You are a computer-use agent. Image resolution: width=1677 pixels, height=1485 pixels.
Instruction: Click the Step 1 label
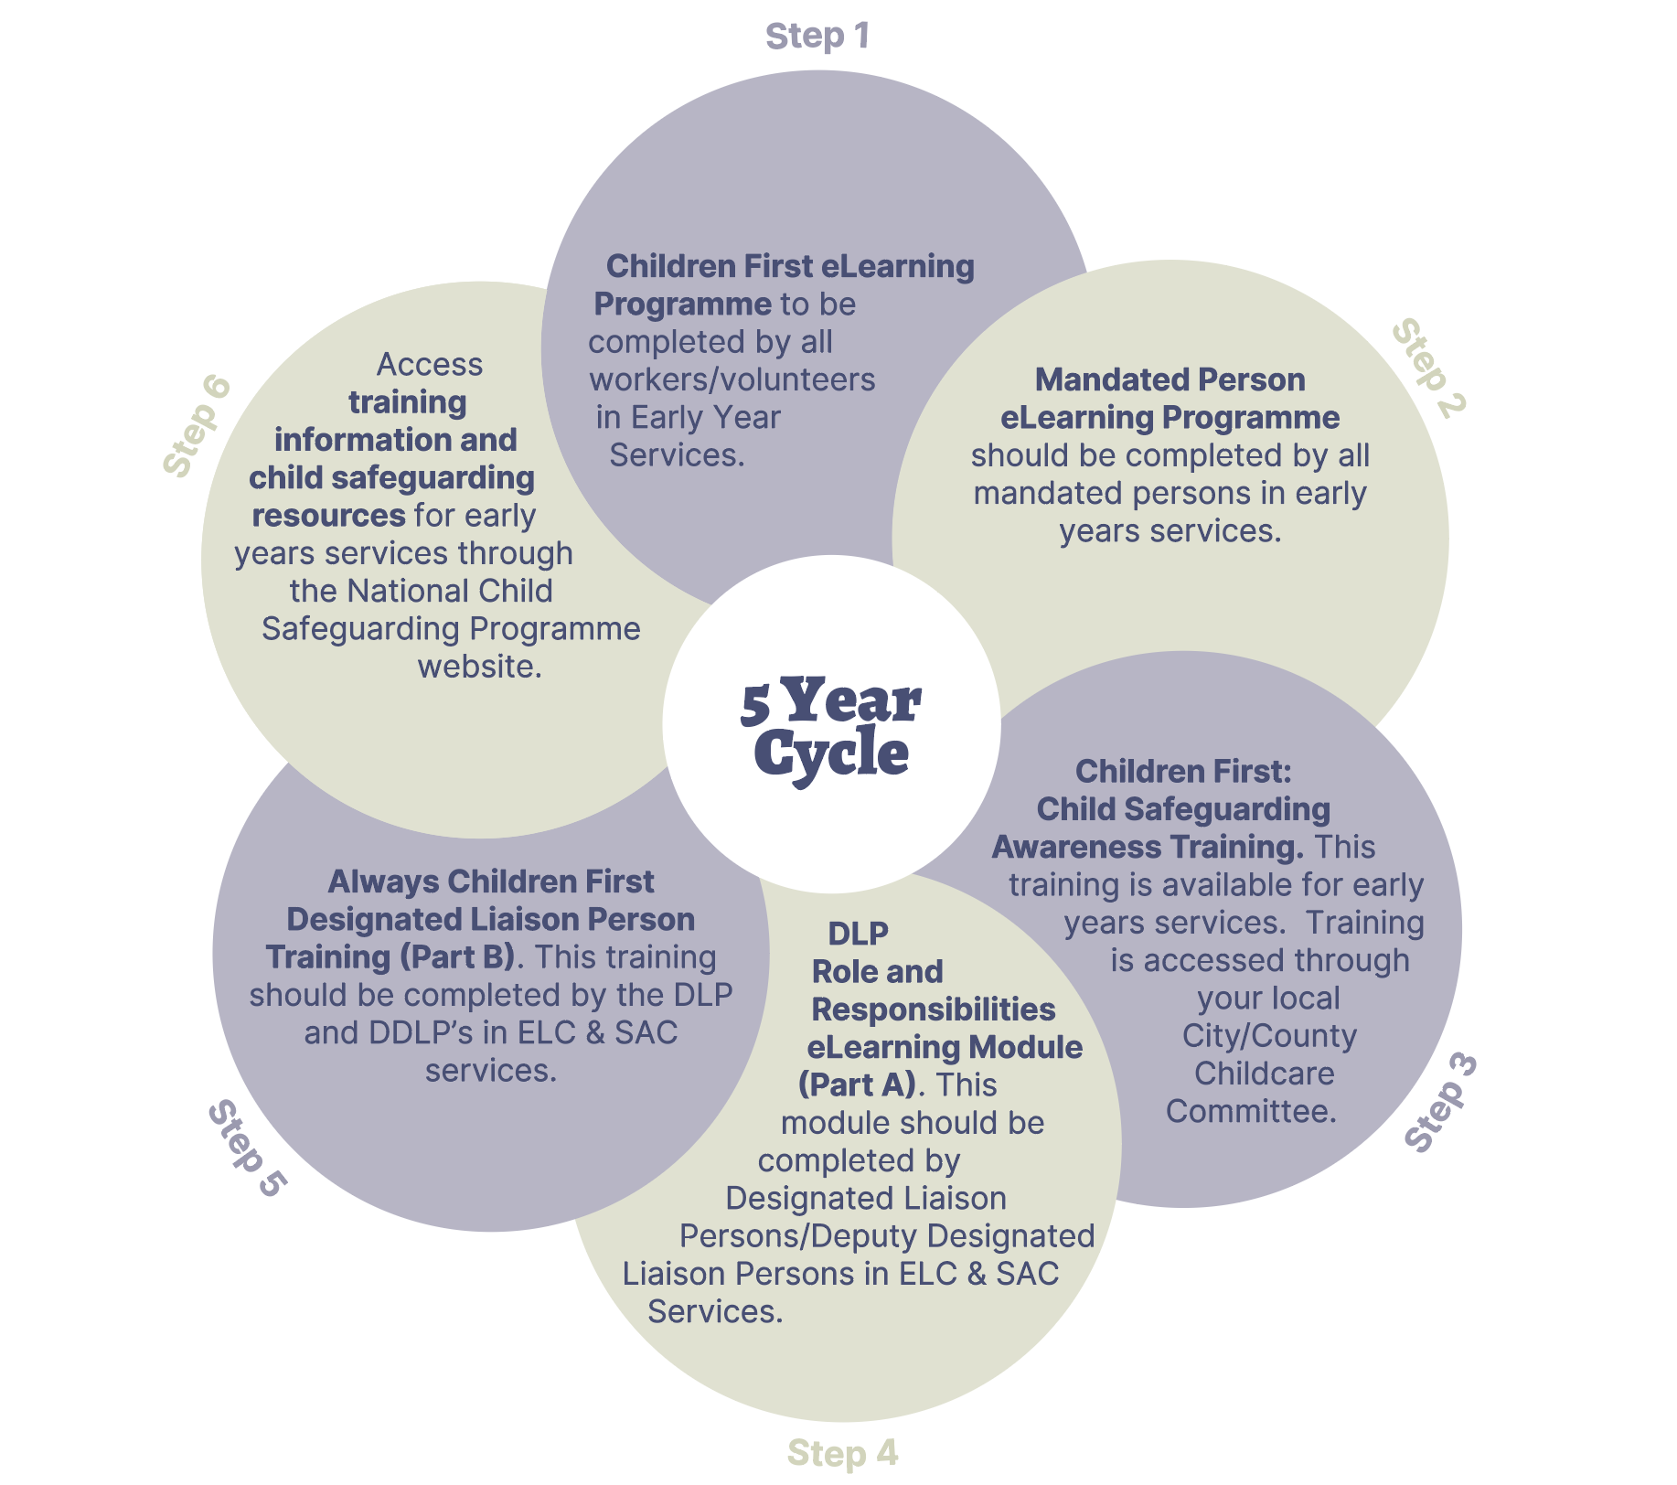[817, 37]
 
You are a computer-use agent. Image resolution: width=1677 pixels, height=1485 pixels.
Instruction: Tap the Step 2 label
[1428, 369]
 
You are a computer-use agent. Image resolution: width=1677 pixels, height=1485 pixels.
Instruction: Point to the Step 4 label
[842, 1453]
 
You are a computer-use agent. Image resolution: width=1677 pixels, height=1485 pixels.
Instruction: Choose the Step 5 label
[247, 1148]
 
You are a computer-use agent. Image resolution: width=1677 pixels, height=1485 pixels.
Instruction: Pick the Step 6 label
[197, 426]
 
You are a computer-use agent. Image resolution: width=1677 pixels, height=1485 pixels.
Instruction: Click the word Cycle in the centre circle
[831, 754]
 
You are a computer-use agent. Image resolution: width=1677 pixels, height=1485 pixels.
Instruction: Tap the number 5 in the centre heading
[755, 705]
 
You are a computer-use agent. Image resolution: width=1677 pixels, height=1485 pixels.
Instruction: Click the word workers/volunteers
[732, 379]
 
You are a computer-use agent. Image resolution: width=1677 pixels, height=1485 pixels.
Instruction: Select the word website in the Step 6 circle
[479, 667]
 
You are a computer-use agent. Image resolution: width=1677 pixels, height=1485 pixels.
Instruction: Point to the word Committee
[1250, 1111]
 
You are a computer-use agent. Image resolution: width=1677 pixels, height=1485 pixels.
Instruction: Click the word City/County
[1269, 1036]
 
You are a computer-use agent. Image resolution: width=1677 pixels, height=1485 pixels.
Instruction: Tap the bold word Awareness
[1076, 848]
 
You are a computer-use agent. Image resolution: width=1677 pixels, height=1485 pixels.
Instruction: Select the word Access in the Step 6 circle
[429, 365]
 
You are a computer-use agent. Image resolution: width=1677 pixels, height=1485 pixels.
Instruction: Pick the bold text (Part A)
[857, 1085]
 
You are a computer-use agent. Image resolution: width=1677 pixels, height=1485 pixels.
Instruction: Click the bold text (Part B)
[457, 957]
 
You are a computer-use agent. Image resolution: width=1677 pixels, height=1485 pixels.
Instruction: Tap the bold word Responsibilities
[933, 1010]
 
